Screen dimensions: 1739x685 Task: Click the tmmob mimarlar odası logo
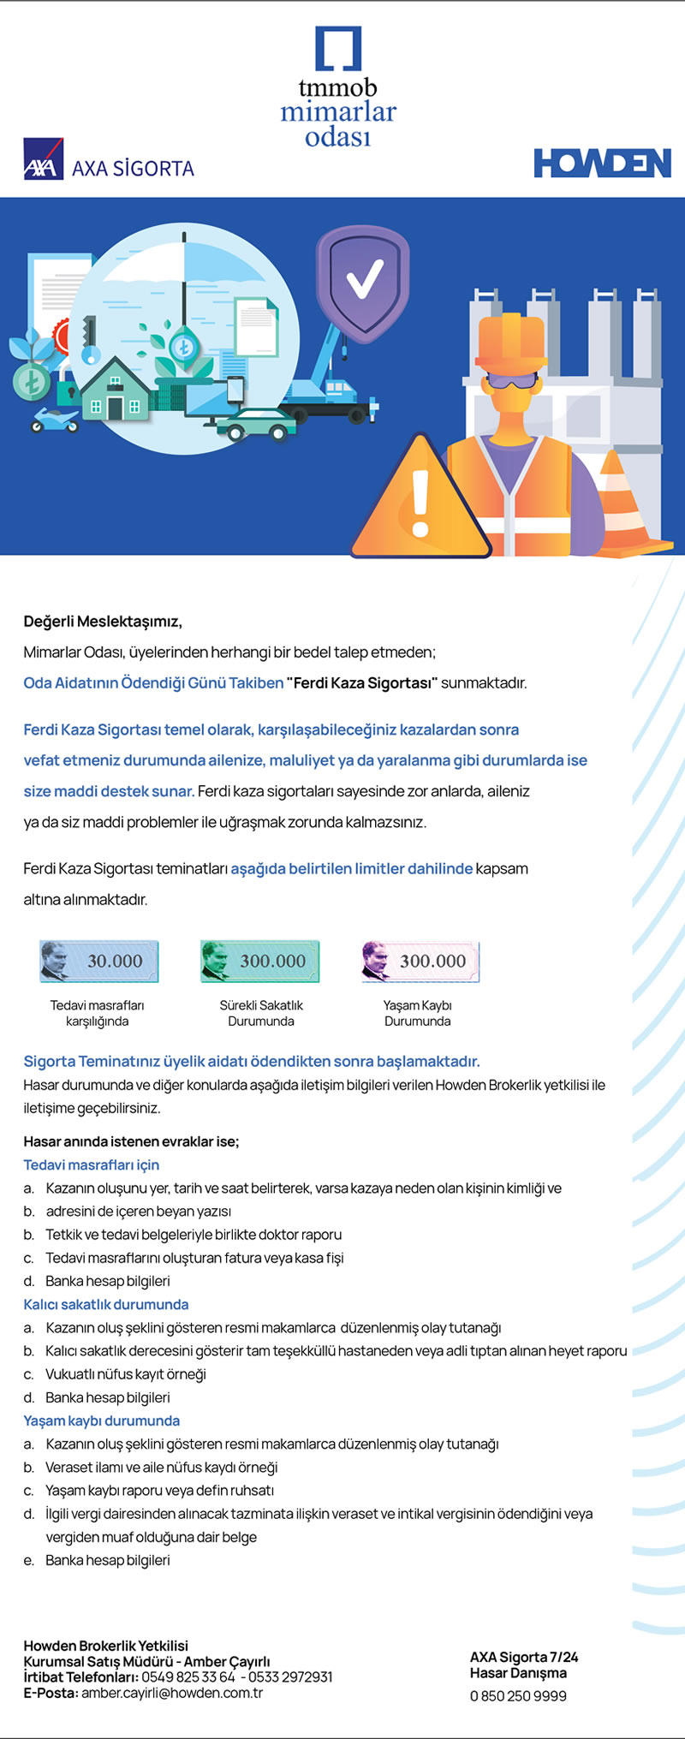pos(338,87)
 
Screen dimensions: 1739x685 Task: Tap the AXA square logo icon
pos(44,158)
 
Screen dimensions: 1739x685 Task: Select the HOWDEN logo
pos(602,163)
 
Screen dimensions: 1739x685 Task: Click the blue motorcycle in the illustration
pos(54,420)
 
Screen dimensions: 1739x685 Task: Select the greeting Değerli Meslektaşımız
pos(103,622)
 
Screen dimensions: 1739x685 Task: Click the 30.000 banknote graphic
pos(99,961)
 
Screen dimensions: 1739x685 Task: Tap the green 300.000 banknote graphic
pos(259,961)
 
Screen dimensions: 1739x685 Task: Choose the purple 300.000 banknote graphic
pos(420,961)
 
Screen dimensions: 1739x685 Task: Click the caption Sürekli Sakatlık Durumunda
pos(261,1013)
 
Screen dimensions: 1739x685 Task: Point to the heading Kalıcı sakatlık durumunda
pos(106,1304)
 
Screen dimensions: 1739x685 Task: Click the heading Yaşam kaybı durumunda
pos(102,1420)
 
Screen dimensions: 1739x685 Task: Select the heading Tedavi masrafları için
pos(92,1164)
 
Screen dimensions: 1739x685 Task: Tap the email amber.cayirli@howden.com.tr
pos(172,1693)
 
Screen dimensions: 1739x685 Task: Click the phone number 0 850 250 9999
pos(518,1695)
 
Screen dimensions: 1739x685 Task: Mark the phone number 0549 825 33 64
pos(188,1676)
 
